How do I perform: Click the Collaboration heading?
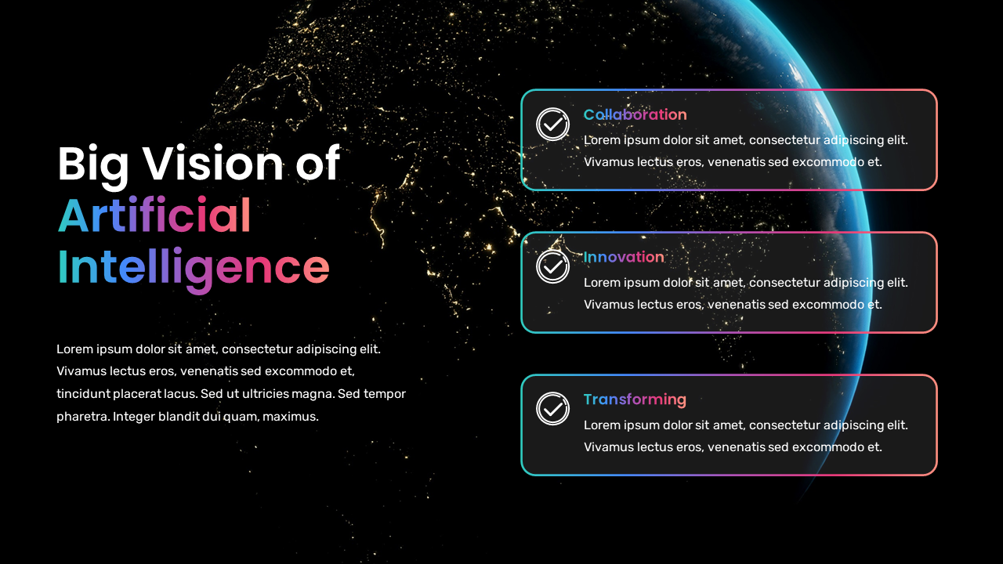(x=635, y=115)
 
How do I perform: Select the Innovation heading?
(x=624, y=258)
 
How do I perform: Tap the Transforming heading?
(x=635, y=400)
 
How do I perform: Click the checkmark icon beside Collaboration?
(x=552, y=124)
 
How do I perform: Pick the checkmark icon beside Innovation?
(x=552, y=266)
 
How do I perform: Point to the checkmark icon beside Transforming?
(x=552, y=409)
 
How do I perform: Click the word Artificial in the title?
(x=154, y=215)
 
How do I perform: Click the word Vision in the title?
(x=213, y=164)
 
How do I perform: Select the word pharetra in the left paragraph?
(x=81, y=417)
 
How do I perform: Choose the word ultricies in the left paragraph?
(x=262, y=394)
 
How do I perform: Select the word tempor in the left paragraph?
(x=385, y=394)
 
